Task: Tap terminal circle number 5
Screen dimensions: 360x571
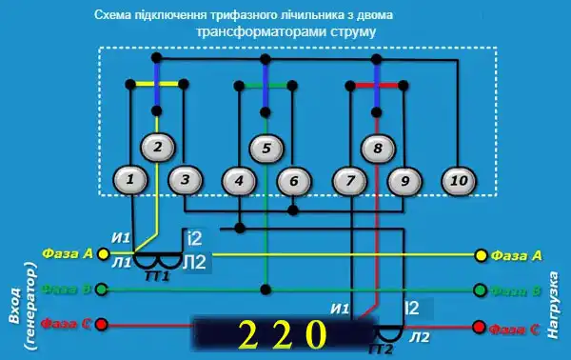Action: coord(266,148)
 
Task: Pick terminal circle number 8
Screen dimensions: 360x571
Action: coord(378,148)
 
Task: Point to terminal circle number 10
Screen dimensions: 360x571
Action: coord(459,178)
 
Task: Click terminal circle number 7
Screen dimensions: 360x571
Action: coord(349,179)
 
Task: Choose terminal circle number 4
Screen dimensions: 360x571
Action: coord(239,179)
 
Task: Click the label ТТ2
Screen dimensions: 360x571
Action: coord(381,349)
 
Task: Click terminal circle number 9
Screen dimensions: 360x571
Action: coord(404,179)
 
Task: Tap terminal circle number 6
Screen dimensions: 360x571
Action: coord(294,179)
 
